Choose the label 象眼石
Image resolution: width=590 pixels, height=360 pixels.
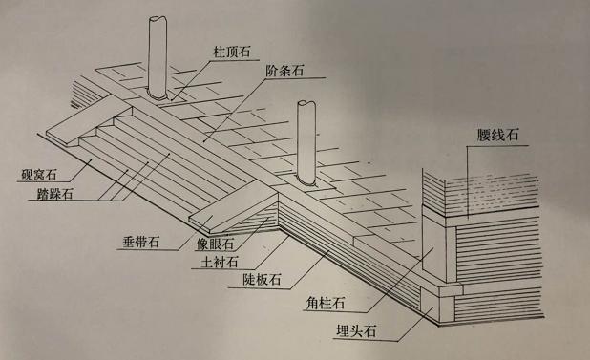pos(215,243)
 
